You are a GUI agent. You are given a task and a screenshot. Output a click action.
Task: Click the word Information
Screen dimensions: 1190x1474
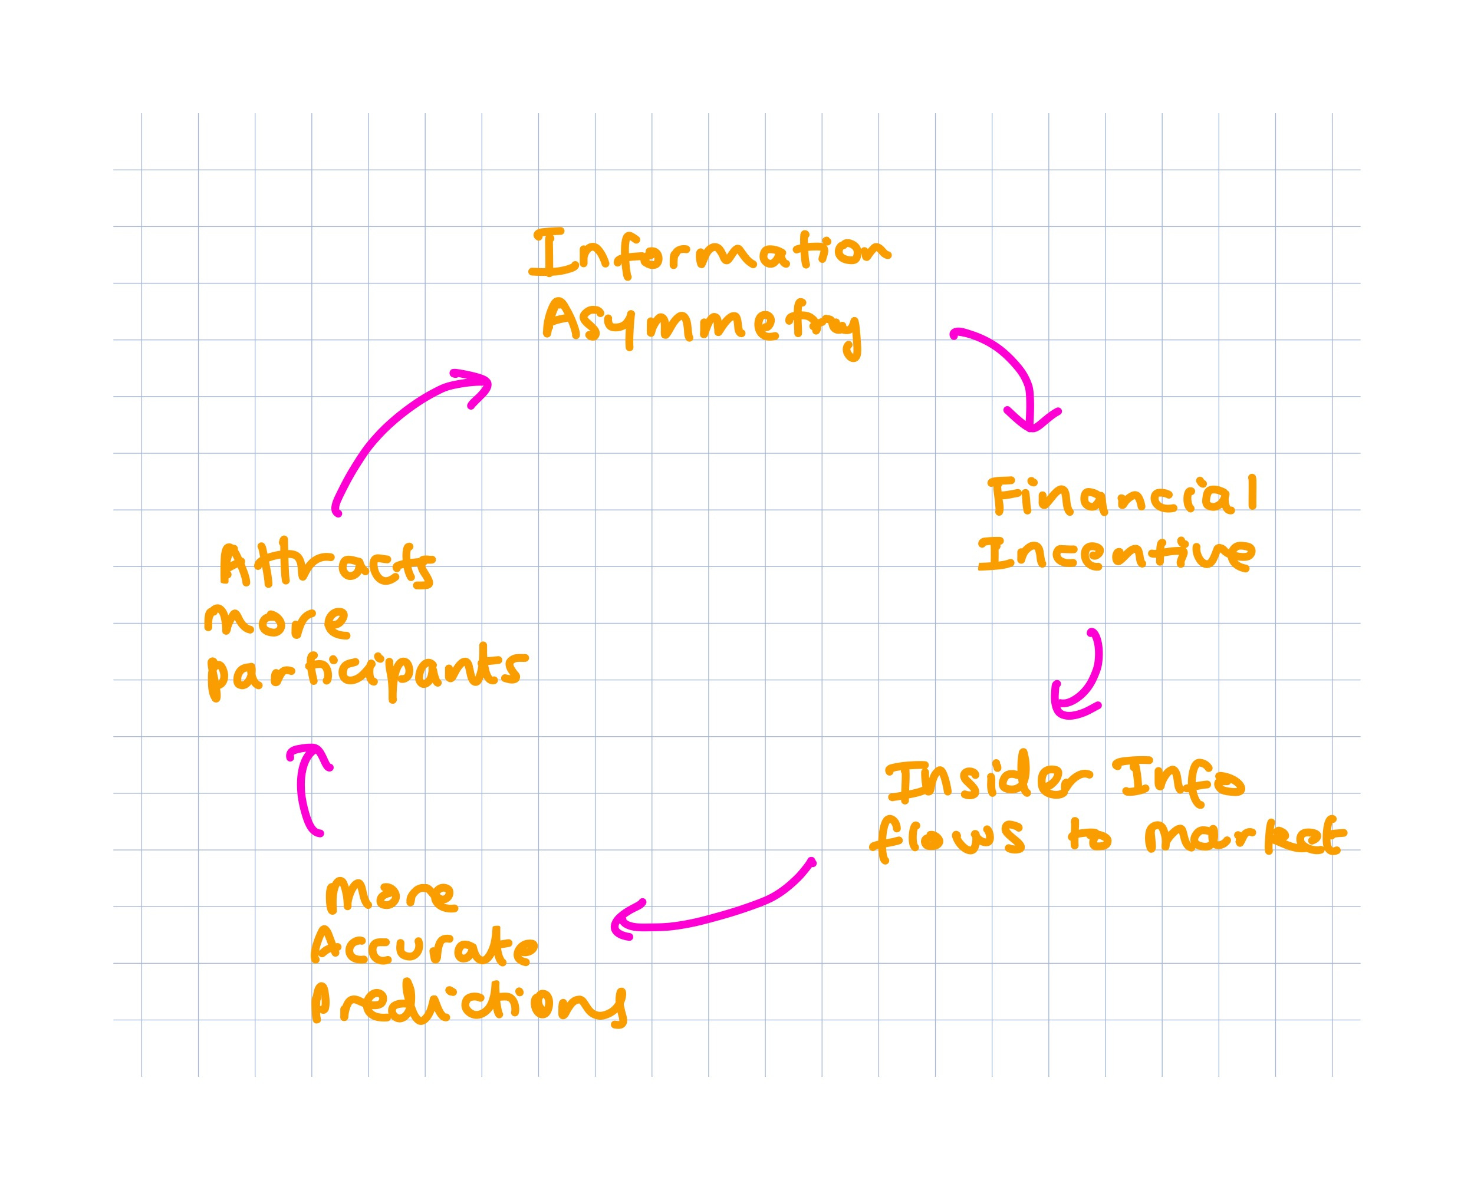point(709,253)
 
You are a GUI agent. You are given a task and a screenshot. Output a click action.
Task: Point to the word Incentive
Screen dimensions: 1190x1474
point(1116,554)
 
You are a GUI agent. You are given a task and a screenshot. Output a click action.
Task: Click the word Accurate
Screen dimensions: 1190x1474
point(425,950)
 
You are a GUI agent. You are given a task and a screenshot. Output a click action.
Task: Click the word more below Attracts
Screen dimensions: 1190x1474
point(277,622)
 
